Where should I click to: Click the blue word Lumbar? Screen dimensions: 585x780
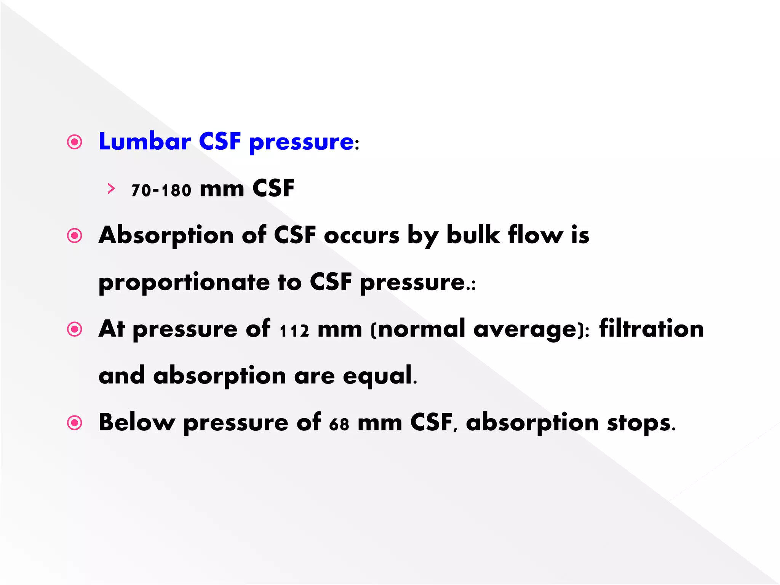[144, 141]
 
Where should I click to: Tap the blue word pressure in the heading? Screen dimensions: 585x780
[301, 143]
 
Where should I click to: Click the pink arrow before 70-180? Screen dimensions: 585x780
[111, 189]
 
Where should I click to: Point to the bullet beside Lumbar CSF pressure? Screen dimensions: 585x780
[75, 142]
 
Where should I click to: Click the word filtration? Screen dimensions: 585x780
[651, 329]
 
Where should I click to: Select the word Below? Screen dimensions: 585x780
[137, 422]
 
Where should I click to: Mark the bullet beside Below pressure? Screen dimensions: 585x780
[75, 423]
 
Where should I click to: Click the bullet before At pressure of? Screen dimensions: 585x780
[75, 329]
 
